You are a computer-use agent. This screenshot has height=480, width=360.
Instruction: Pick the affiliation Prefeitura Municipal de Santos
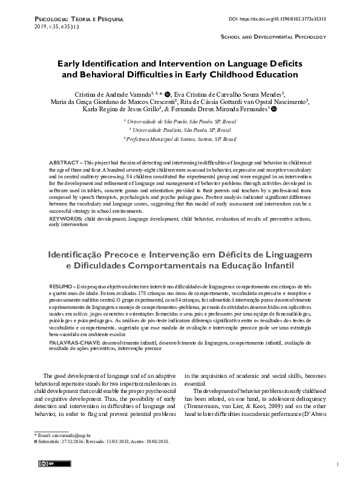pos(180,138)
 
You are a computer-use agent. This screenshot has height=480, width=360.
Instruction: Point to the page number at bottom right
pos(336,464)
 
